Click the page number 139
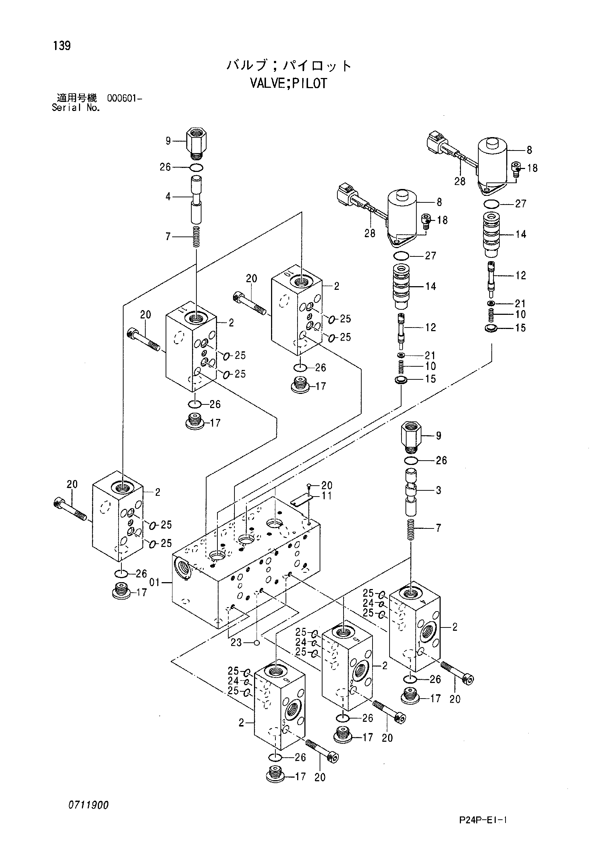[x=62, y=46]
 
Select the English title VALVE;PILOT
[x=288, y=83]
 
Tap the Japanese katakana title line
[x=288, y=66]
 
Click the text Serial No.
[x=76, y=108]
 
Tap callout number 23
[x=236, y=643]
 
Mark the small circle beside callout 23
[x=257, y=643]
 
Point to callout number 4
[x=168, y=197]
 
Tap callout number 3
[x=438, y=490]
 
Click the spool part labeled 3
[x=411, y=491]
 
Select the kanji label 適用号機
[x=77, y=98]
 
